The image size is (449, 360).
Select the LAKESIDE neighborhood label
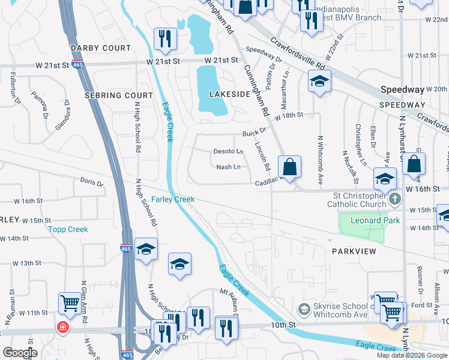pyautogui.click(x=229, y=94)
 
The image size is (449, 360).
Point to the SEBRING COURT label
pyautogui.click(x=119, y=95)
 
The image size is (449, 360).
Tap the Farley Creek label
pyautogui.click(x=172, y=199)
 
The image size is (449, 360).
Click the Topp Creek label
pyautogui.click(x=68, y=229)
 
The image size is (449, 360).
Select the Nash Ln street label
pyautogui.click(x=228, y=167)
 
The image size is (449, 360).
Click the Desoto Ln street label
pyautogui.click(x=228, y=152)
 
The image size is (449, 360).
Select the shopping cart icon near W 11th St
pyautogui.click(x=70, y=304)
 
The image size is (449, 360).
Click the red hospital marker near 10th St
pyautogui.click(x=62, y=328)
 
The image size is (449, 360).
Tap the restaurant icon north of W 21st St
pyautogui.click(x=164, y=39)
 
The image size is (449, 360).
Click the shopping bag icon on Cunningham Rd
pyautogui.click(x=289, y=168)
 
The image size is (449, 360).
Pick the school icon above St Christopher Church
pyautogui.click(x=385, y=178)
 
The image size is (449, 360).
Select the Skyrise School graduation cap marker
pyautogui.click(x=305, y=308)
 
